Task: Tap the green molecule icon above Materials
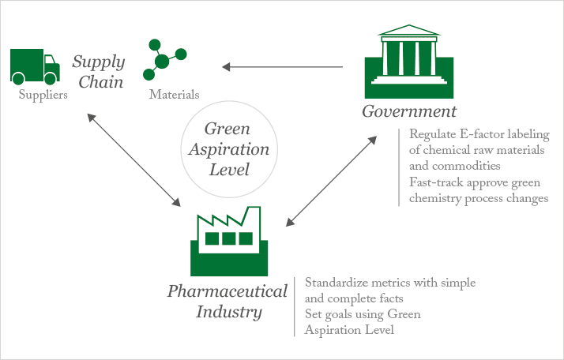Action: tap(164, 60)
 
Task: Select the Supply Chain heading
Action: tap(98, 71)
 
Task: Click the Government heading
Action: tap(409, 111)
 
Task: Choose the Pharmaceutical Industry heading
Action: tap(227, 302)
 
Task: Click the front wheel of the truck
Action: tap(51, 78)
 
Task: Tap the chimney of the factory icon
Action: tap(254, 215)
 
